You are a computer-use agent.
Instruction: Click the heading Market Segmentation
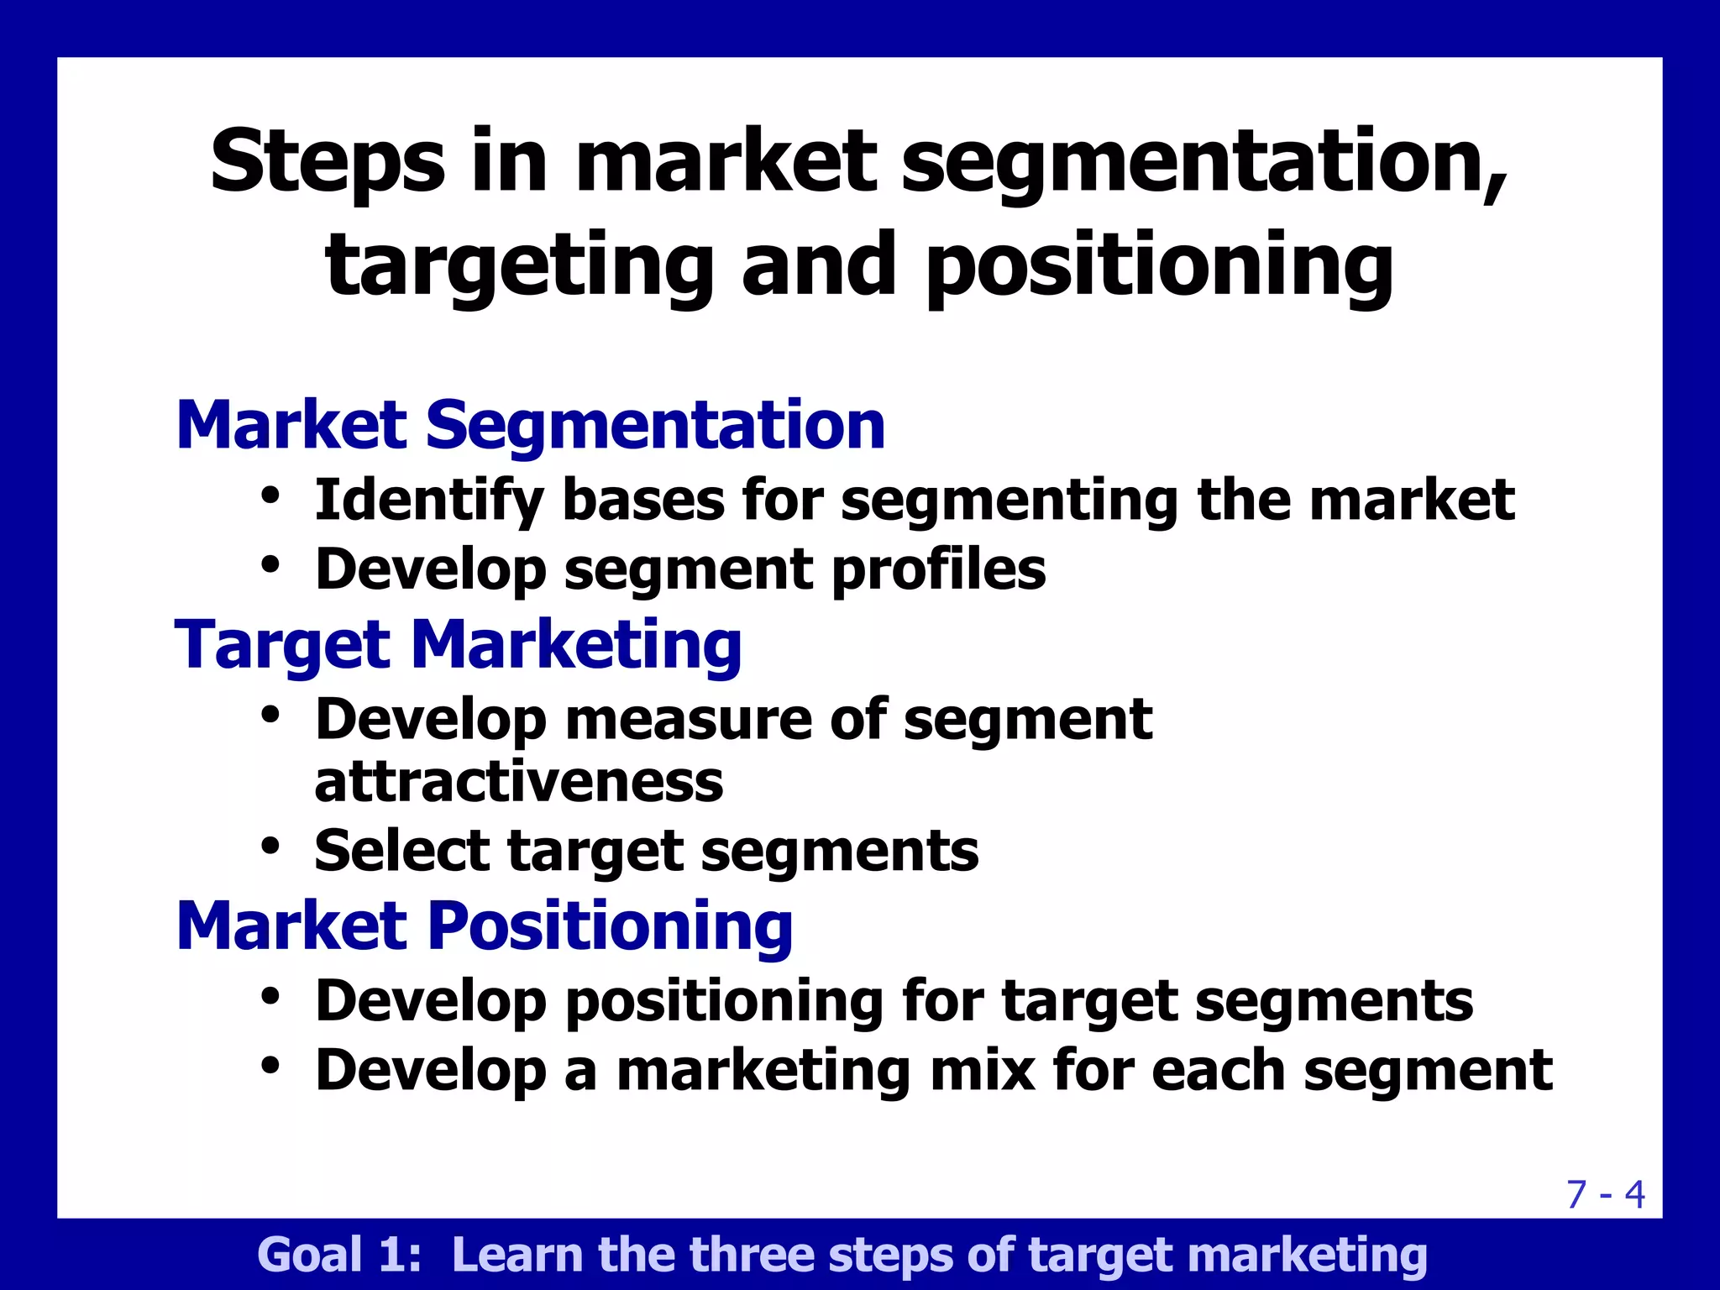coord(531,426)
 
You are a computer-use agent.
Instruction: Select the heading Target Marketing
coord(459,645)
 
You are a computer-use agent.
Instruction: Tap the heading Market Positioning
coord(485,926)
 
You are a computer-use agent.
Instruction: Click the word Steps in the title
coord(328,161)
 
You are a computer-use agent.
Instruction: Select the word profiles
coord(938,570)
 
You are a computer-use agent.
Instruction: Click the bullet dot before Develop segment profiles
coord(270,564)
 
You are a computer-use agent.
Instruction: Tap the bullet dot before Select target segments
coord(270,845)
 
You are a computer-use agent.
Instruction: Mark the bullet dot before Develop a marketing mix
coord(270,1065)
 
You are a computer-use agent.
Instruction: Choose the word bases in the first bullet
coord(642,501)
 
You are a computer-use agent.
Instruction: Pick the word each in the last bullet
coord(1217,1071)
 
